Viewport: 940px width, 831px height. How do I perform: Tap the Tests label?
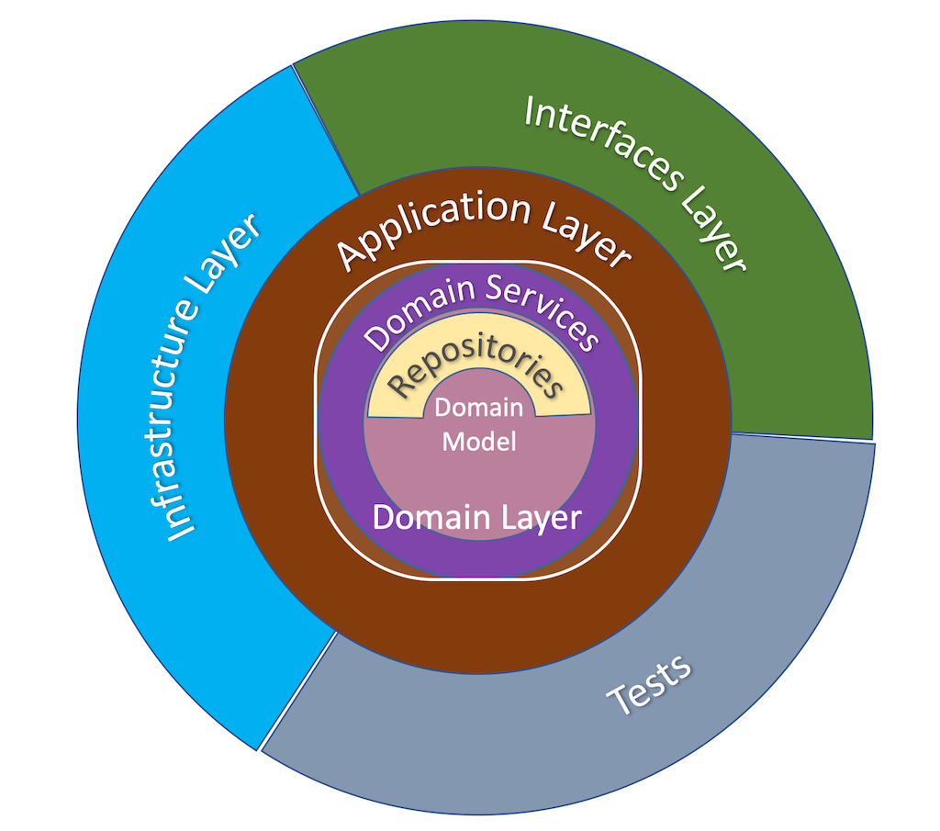point(650,684)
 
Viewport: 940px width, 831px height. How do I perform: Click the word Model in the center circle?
point(478,442)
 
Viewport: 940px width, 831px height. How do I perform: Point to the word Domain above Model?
point(478,408)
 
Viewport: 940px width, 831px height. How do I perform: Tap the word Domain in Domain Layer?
point(430,517)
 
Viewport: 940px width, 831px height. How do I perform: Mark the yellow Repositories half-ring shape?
point(390,399)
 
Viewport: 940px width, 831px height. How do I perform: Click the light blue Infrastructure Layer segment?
point(138,514)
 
